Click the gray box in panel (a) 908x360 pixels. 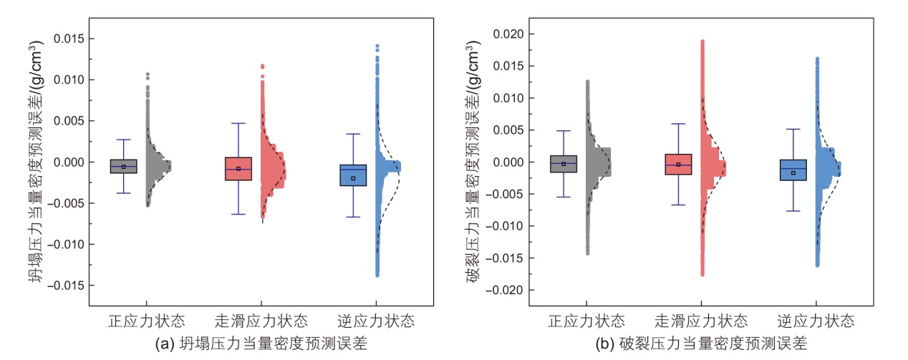(124, 166)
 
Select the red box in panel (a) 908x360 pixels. (238, 168)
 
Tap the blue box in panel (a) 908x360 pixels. (353, 175)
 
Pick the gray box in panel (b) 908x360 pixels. (564, 164)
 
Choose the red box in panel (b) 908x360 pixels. (678, 164)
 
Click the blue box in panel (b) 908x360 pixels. (793, 170)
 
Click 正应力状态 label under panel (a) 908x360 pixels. (148, 320)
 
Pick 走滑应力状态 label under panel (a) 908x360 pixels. (262, 320)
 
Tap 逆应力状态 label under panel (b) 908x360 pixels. (816, 320)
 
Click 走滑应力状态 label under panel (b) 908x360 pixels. (702, 320)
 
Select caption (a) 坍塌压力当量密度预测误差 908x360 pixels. (261, 344)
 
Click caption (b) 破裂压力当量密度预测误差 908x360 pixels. (702, 344)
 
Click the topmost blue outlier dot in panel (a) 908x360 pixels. (377, 47)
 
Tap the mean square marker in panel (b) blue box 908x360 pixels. (793, 172)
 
